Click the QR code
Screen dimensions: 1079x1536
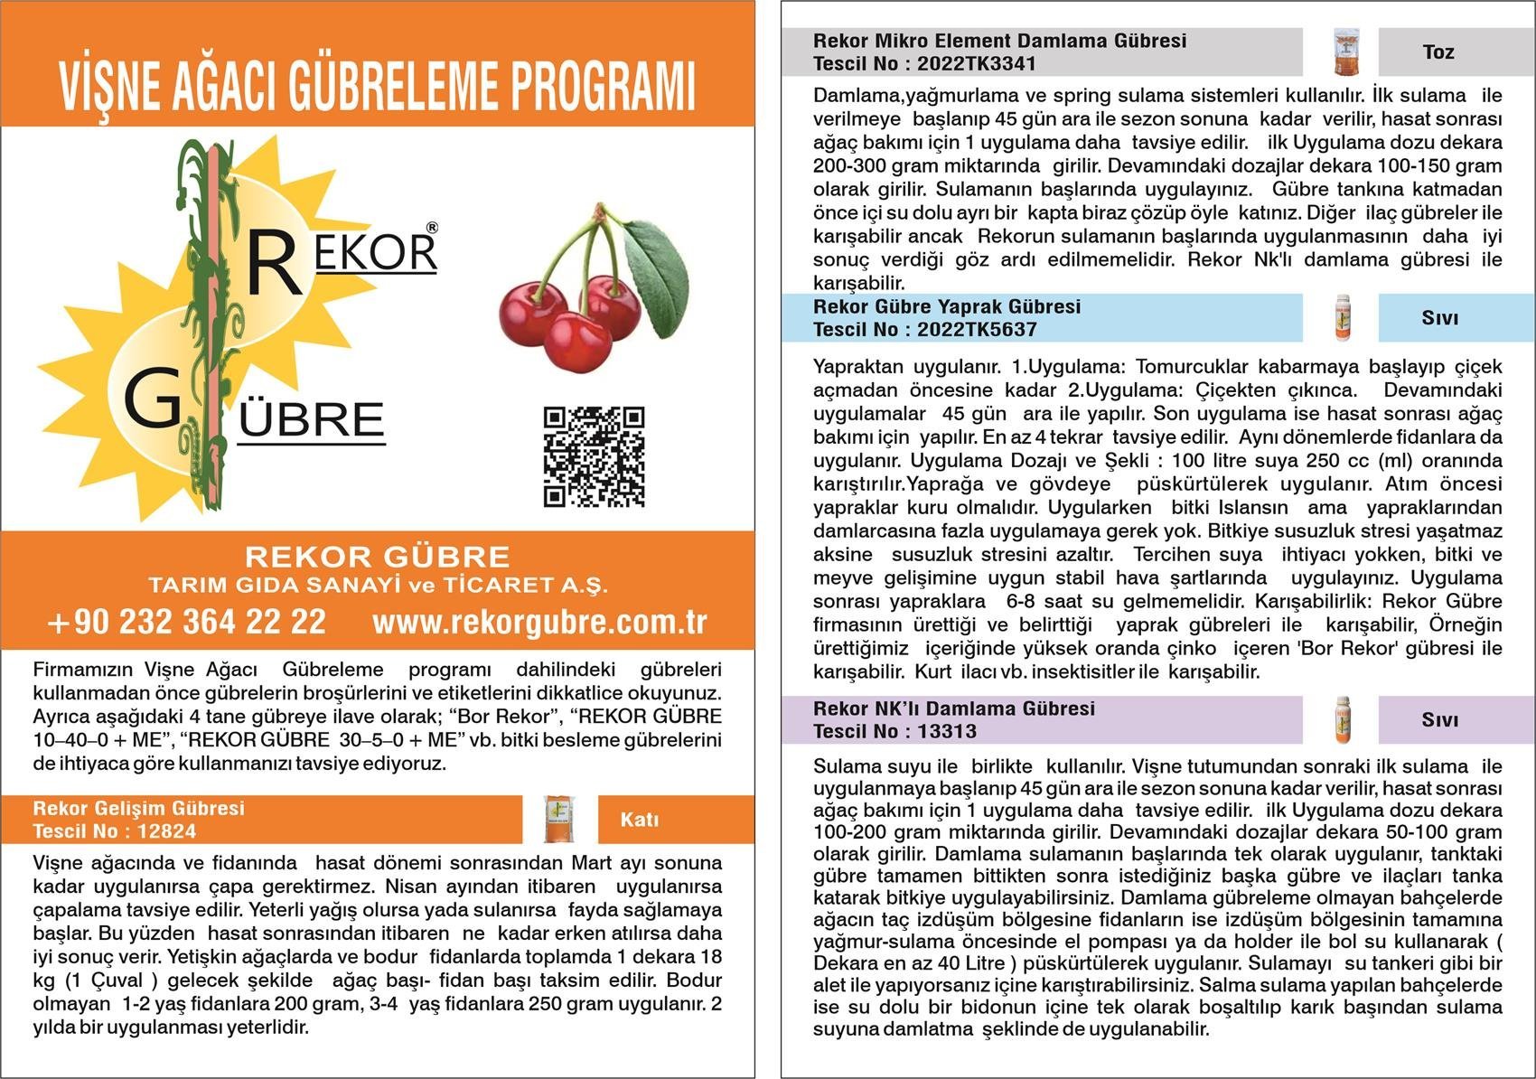click(594, 456)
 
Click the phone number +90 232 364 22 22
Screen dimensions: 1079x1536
click(187, 622)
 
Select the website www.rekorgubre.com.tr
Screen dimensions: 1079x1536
click(539, 622)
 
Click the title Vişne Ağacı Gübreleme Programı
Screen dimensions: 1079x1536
click(378, 87)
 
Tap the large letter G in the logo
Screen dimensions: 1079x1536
click(152, 399)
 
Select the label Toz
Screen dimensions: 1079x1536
click(1438, 52)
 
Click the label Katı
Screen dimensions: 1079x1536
click(640, 820)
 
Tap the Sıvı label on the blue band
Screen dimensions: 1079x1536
click(1440, 318)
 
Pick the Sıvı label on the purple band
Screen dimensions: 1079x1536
click(1440, 720)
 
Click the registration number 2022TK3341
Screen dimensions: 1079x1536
click(976, 64)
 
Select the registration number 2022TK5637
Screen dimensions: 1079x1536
click(976, 330)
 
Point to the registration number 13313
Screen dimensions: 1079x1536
click(947, 732)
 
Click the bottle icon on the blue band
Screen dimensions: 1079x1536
click(1342, 318)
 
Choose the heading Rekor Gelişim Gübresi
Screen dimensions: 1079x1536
click(139, 809)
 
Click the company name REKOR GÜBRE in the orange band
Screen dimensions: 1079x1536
click(378, 556)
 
